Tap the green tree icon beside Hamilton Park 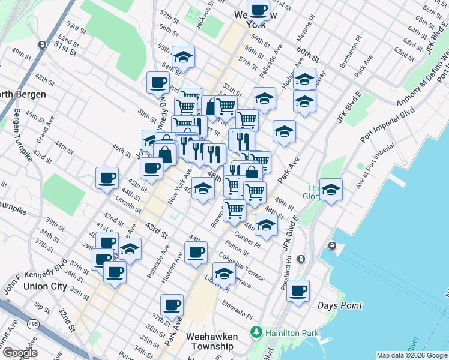tap(256, 331)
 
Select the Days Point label tap(340, 305)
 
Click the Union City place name tap(45, 286)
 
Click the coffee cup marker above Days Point tap(298, 292)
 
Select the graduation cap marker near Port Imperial tap(331, 190)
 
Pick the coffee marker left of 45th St tap(107, 178)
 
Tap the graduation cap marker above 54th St tap(184, 58)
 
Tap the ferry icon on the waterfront tap(331, 246)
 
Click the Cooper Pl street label tap(248, 241)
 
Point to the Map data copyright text tap(411, 355)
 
